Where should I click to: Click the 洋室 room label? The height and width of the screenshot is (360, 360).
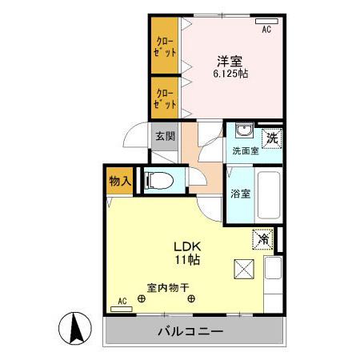coord(230,59)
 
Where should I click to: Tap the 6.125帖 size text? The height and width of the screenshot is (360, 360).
coord(230,74)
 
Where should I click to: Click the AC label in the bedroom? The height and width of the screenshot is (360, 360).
coord(266,29)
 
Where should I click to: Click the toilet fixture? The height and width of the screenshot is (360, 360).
coord(161,182)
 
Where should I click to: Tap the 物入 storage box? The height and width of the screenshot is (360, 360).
coord(120,181)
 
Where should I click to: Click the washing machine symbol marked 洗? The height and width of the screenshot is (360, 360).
coord(272,137)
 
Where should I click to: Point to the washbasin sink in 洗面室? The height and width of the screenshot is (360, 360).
coord(243,133)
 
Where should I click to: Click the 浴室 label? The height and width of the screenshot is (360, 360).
coord(241,193)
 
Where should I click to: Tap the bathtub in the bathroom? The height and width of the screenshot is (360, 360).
coord(269,196)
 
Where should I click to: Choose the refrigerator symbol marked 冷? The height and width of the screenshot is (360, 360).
coord(262,238)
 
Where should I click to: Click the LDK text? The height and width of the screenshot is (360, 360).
coord(189,246)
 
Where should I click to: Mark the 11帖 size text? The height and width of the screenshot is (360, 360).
coord(190,260)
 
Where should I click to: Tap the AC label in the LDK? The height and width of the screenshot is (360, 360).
coord(122,301)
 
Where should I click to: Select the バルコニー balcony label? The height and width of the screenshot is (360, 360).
coord(190,331)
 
